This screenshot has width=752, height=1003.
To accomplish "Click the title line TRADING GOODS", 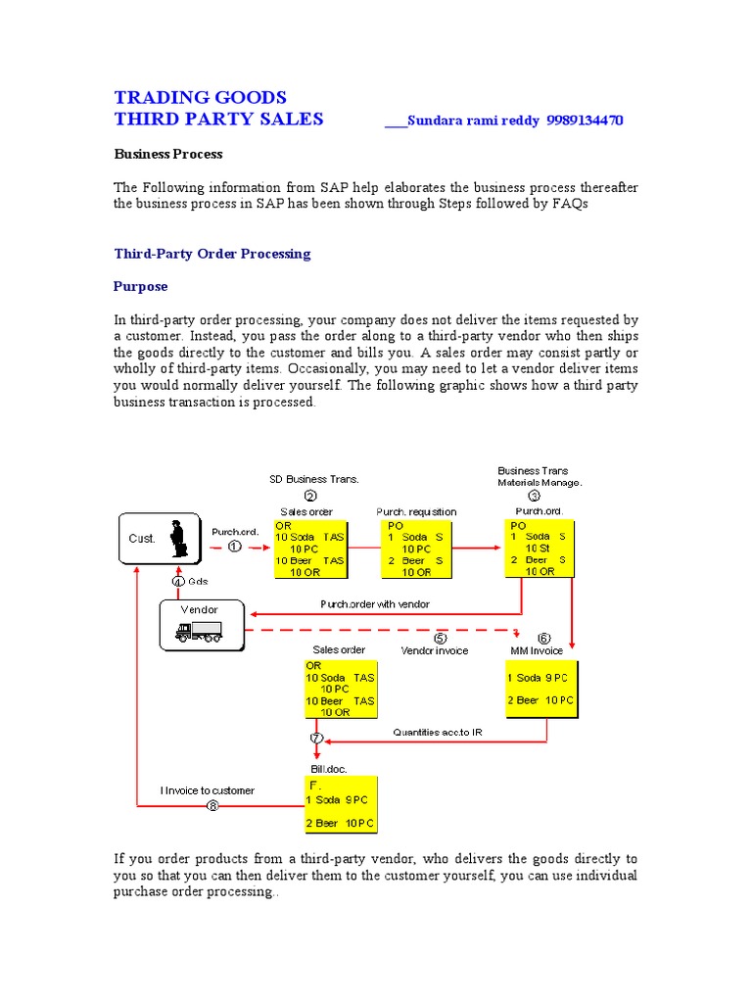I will [200, 97].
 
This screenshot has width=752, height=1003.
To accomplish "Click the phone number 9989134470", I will [584, 120].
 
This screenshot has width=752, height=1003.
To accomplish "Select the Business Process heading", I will [167, 154].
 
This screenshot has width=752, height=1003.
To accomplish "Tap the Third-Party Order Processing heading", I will [212, 254].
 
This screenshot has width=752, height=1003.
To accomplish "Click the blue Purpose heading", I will [141, 286].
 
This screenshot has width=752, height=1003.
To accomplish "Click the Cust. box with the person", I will [160, 539].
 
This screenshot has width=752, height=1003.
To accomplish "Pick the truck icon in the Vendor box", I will [198, 634].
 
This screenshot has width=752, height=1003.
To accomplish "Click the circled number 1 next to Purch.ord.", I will [235, 547].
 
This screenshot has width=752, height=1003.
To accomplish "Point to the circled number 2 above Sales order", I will [310, 496].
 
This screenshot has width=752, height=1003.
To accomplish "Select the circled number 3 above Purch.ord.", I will [535, 496].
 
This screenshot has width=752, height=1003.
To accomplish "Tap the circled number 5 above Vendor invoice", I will [441, 638].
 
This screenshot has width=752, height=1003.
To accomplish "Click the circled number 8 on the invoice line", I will [213, 806].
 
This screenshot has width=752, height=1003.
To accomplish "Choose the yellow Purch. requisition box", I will [415, 549].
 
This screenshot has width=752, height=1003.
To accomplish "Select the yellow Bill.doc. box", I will [343, 804].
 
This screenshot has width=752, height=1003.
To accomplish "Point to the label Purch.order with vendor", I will [374, 604].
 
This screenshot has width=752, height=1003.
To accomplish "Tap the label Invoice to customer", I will [208, 790].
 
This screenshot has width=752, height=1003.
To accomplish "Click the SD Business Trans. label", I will [314, 479].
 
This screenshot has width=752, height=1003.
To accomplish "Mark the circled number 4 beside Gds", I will [178, 581].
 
